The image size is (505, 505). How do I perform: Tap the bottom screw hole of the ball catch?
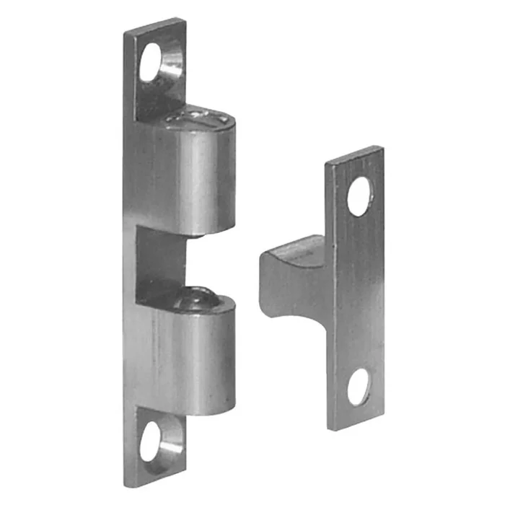point(153,440)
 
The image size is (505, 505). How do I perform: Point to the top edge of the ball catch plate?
point(154,25)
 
